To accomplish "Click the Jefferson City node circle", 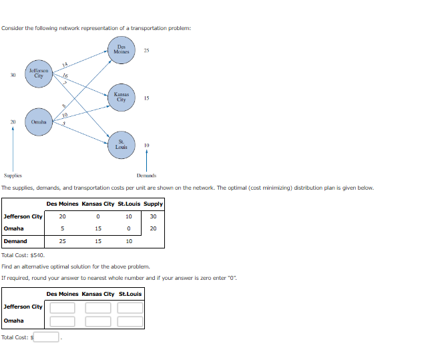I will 39,73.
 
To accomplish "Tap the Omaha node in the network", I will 39,122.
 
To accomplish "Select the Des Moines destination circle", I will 122,50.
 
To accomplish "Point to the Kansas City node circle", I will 122,98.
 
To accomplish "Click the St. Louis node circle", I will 122,145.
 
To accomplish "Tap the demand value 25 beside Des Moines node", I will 146,50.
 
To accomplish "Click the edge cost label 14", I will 65,64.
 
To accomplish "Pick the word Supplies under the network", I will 13,175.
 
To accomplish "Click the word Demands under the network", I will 146,175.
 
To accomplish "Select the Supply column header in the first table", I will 153,204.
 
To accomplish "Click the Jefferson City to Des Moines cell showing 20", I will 63,216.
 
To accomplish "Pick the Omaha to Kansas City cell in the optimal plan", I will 98,228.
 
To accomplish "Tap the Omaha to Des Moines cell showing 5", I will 63,228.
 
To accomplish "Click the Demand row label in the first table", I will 16,241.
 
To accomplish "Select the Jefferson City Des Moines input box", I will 63,307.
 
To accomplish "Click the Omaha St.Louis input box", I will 131,321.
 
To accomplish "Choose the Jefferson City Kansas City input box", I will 97,307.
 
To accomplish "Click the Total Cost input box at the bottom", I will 47,337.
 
